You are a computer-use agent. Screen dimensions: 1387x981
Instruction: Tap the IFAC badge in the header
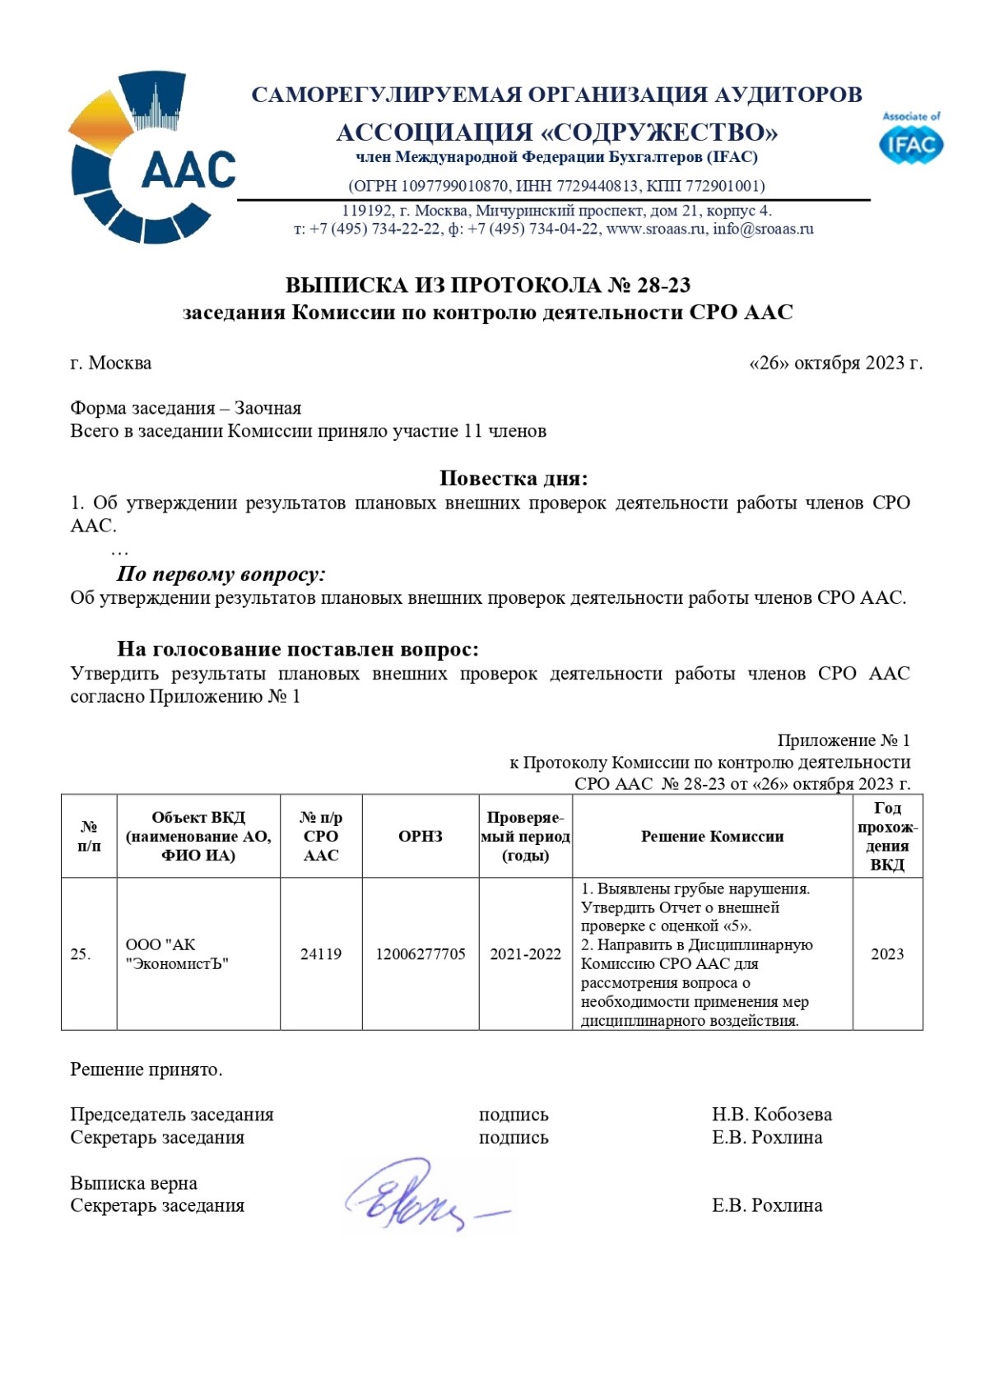(x=911, y=140)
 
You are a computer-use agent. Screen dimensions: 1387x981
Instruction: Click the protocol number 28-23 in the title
(x=663, y=285)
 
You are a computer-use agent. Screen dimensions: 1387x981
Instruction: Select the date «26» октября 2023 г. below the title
(x=835, y=363)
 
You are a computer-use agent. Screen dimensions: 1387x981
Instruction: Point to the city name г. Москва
(x=111, y=363)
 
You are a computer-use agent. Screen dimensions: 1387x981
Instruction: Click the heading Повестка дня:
(x=514, y=478)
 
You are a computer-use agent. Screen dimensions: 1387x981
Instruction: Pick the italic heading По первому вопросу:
(x=221, y=573)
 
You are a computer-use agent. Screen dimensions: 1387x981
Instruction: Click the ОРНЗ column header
(x=421, y=836)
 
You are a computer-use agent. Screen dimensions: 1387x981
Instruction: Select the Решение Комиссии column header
(x=712, y=836)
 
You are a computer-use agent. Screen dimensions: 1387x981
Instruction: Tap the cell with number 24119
(x=321, y=953)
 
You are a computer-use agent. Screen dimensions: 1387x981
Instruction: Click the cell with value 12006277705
(x=421, y=953)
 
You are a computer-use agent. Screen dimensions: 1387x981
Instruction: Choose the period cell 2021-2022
(x=525, y=953)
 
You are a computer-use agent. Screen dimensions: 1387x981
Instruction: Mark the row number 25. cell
(x=81, y=953)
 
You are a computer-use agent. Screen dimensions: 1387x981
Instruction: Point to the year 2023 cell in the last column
(x=887, y=953)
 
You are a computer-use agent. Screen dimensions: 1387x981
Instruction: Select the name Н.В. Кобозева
(x=771, y=1114)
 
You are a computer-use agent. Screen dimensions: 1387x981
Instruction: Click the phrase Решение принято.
(x=146, y=1069)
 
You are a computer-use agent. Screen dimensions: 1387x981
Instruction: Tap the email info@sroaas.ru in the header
(x=763, y=229)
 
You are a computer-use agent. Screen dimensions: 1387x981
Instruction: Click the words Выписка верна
(x=133, y=1183)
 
